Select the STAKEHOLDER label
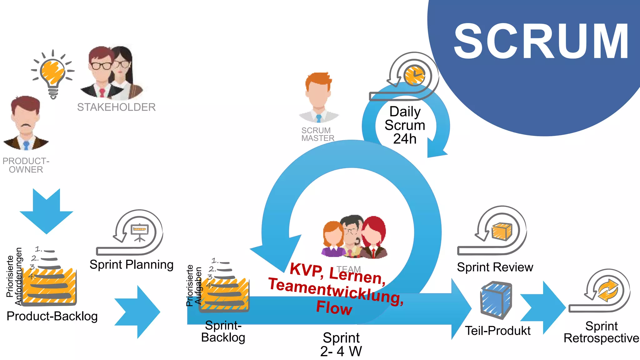(116, 107)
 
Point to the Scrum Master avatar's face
(318, 94)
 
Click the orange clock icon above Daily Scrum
(414, 75)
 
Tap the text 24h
(405, 139)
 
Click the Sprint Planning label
(131, 265)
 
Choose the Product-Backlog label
(52, 316)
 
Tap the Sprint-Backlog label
(223, 332)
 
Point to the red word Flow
(334, 308)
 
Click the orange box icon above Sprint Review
(502, 231)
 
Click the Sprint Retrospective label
(601, 332)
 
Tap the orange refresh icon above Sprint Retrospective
(608, 290)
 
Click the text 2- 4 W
(341, 351)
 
